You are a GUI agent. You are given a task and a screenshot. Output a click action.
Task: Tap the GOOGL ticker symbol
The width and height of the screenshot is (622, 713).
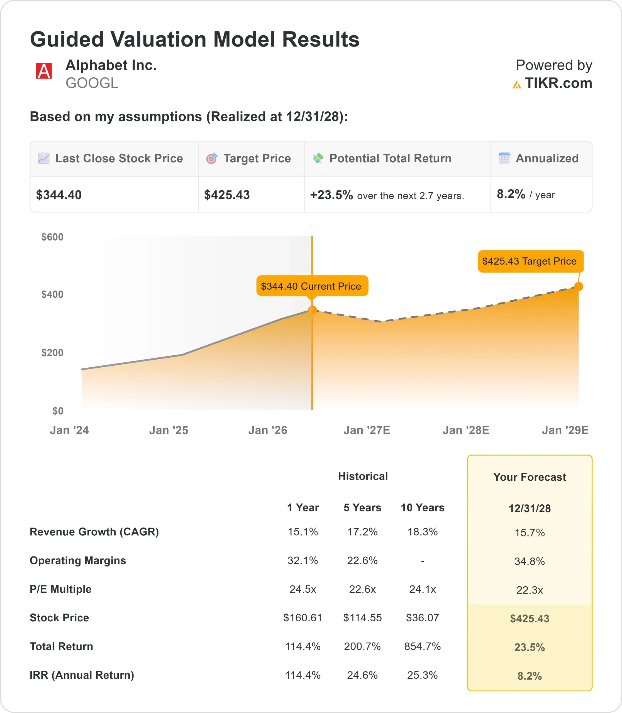(92, 83)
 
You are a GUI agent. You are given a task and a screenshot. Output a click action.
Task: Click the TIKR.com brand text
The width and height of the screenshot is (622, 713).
(558, 83)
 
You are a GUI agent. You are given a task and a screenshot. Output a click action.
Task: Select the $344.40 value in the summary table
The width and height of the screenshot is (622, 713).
(59, 195)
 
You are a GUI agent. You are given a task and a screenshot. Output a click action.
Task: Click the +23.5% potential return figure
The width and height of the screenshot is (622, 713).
(331, 195)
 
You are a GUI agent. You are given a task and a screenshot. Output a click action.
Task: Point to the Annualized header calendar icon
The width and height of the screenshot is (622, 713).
(504, 158)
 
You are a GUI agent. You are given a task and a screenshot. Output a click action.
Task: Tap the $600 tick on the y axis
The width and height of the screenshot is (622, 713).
(52, 237)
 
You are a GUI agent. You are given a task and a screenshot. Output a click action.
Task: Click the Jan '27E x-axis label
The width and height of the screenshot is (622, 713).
(367, 430)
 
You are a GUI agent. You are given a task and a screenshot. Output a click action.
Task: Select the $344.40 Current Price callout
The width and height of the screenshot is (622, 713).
(312, 286)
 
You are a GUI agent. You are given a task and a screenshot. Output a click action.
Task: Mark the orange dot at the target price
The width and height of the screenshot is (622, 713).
(579, 287)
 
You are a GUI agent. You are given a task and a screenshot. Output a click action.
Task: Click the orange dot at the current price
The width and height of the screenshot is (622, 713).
(312, 310)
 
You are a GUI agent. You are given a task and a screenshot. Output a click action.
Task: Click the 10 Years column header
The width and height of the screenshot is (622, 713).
(422, 508)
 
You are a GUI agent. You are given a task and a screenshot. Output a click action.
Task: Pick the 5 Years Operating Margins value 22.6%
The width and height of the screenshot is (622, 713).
(362, 561)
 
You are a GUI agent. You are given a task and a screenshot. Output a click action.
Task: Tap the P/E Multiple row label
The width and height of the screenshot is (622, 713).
(61, 589)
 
